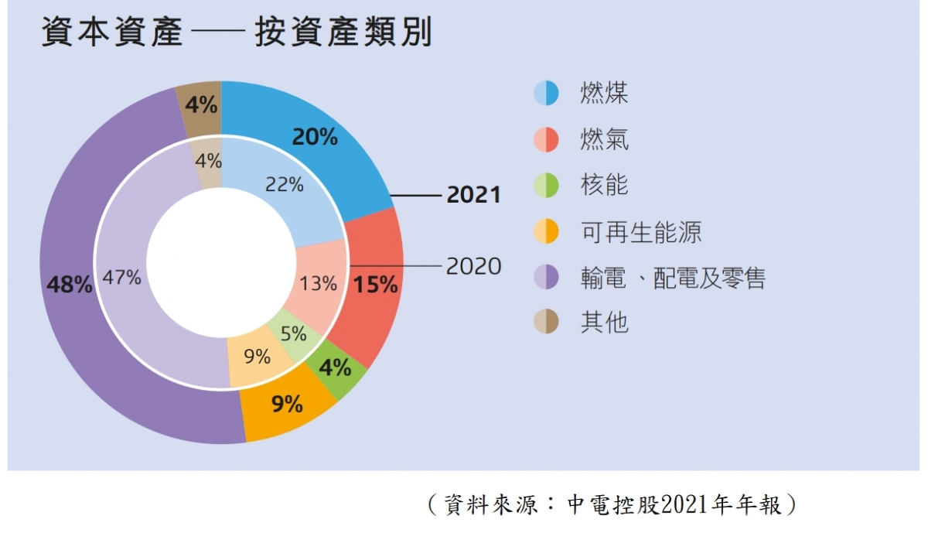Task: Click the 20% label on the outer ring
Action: pos(315,138)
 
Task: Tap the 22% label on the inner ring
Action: pos(285,185)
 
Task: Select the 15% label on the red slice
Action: pos(375,285)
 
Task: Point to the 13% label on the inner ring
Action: pos(319,284)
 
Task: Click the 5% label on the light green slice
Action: pos(293,334)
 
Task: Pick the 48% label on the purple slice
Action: pos(70,285)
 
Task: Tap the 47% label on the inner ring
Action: pos(121,278)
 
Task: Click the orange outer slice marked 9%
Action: pos(287,404)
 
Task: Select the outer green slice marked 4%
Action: pos(335,367)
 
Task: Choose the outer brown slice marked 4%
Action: pos(200,104)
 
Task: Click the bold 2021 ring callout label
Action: pos(473,196)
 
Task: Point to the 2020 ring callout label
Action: pos(473,267)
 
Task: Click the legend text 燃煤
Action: pos(604,94)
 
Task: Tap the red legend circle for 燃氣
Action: pos(546,140)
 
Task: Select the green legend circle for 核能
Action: pos(546,186)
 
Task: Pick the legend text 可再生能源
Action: pos(641,231)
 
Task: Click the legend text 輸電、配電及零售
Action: pos(673,277)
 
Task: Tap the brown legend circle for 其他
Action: pos(546,322)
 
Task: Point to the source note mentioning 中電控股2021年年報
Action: pos(611,505)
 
